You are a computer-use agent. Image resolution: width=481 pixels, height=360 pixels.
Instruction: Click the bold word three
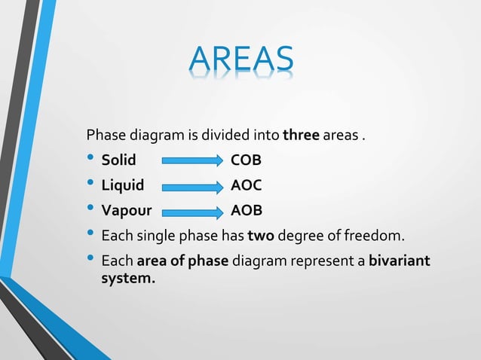coord(302,136)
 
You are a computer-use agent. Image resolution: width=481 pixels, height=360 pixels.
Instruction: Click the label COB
coord(246,160)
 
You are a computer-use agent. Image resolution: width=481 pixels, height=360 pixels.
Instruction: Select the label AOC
coord(246,185)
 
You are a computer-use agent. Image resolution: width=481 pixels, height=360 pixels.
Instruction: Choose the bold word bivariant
coord(399,261)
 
